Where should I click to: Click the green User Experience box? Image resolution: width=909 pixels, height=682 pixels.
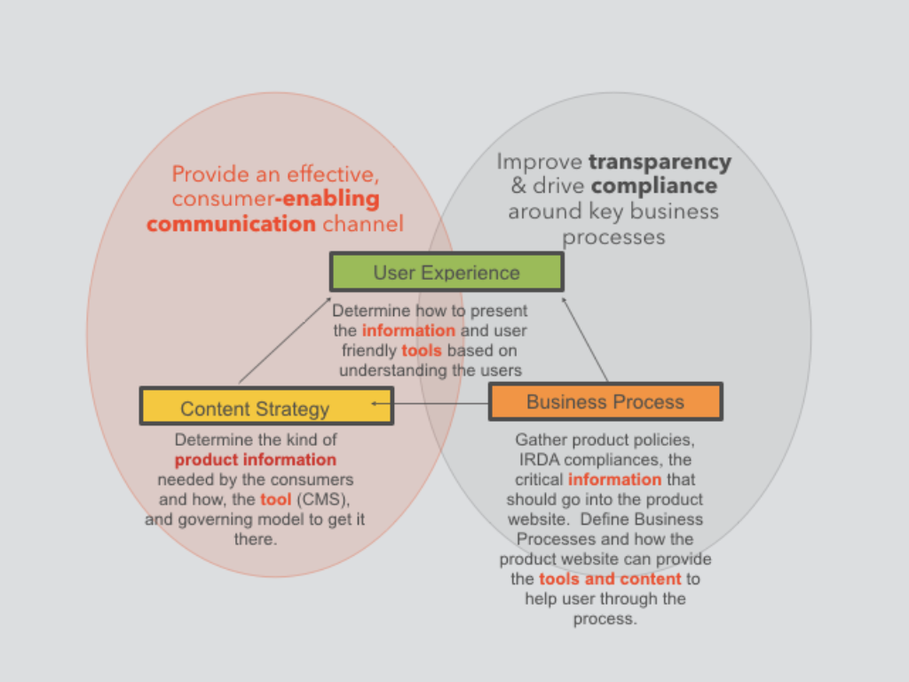click(447, 272)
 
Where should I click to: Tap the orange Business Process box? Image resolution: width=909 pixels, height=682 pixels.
click(605, 401)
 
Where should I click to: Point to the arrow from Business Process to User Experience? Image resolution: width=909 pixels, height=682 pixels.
click(586, 342)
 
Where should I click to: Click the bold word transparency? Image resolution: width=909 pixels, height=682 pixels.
click(660, 162)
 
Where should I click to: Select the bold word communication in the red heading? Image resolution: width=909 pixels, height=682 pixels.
click(231, 223)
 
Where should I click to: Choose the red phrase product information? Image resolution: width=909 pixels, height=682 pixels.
click(255, 460)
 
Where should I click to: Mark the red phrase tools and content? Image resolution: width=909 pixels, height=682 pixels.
click(610, 579)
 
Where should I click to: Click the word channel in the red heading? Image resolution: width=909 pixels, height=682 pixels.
click(362, 223)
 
